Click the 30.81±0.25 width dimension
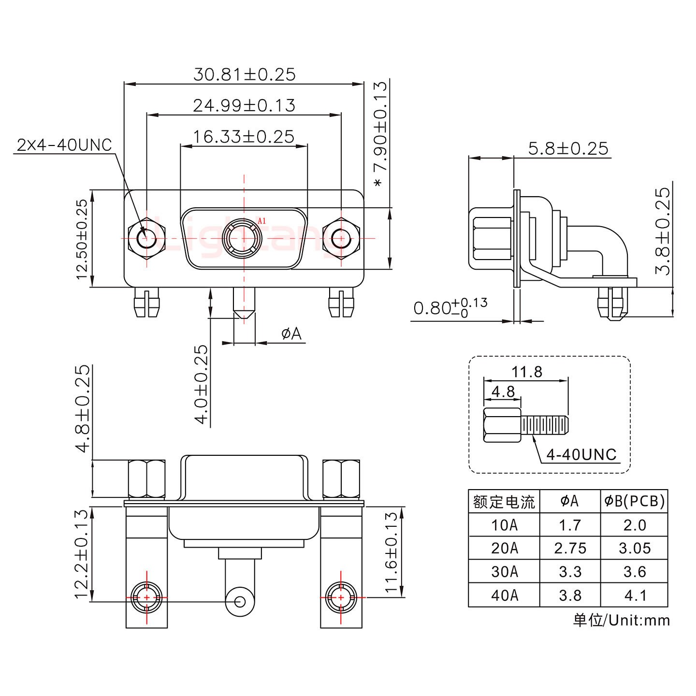244,74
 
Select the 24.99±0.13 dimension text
244,105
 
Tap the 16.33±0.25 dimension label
244,137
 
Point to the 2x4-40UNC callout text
64,145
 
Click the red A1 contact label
261,221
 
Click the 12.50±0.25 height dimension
82,239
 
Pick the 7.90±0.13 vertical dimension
380,135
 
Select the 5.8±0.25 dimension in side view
568,148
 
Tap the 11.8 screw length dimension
527,372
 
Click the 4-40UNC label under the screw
581,454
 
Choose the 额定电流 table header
504,502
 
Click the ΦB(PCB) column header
635,502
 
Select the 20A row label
504,548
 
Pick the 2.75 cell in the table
570,548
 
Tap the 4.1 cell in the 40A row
635,595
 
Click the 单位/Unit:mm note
622,620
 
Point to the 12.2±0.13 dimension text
82,553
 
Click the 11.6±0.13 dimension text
391,552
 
